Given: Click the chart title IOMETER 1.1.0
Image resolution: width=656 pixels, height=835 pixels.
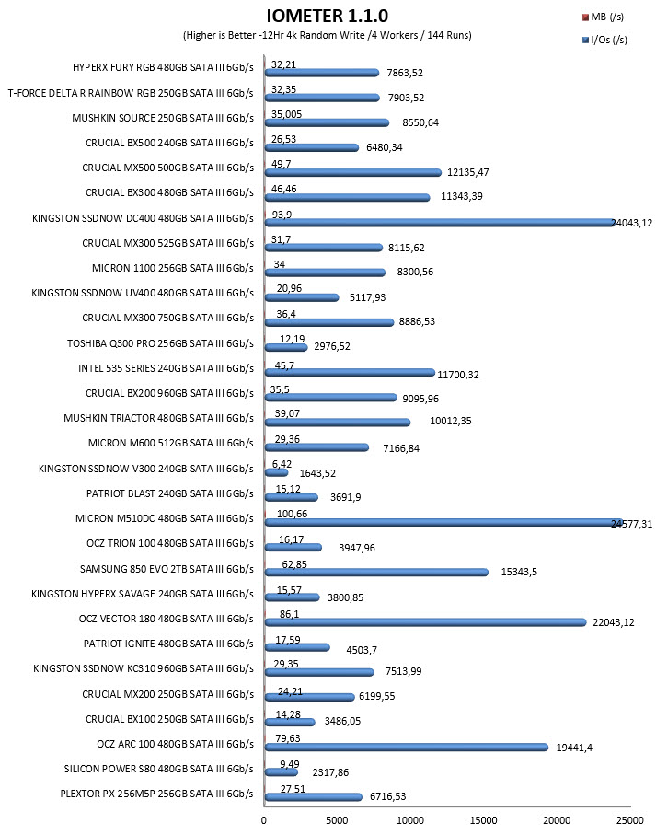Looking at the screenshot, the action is pyautogui.click(x=328, y=16).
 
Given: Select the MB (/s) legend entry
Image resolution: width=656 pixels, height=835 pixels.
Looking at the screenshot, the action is pyautogui.click(x=603, y=17).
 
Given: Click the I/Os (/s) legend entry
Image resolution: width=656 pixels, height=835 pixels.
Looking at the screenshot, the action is pyautogui.click(x=604, y=40).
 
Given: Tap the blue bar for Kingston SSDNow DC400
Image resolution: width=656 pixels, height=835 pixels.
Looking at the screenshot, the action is pyautogui.click(x=441, y=222).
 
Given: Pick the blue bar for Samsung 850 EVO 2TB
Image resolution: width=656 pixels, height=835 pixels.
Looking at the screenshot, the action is pyautogui.click(x=376, y=572).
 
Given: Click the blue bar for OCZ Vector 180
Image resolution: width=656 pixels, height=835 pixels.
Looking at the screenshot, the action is pyautogui.click(x=426, y=622).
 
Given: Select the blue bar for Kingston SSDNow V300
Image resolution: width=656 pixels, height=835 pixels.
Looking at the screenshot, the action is pyautogui.click(x=277, y=472).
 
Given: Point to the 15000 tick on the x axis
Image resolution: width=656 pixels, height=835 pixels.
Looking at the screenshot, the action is pyautogui.click(x=483, y=820).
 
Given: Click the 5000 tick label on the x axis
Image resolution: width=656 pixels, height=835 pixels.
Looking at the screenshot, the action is pyautogui.click(x=337, y=820).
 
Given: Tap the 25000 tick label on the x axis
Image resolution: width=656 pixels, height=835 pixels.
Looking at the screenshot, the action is pyautogui.click(x=630, y=820).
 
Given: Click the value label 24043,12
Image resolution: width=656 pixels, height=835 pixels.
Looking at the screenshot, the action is pyautogui.click(x=631, y=223).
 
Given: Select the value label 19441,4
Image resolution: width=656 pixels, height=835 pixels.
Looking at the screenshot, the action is pyautogui.click(x=574, y=748).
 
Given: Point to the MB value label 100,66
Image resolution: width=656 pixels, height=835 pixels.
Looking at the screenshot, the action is pyautogui.click(x=292, y=514).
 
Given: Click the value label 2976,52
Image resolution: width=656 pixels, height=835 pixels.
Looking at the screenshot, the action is pyautogui.click(x=332, y=346).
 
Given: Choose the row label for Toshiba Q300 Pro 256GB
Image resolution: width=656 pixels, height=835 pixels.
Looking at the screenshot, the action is pyautogui.click(x=160, y=343).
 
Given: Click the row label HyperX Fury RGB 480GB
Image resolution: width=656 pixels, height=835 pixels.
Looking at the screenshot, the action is pyautogui.click(x=163, y=67).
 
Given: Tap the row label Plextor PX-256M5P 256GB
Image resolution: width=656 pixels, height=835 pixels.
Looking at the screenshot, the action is pyautogui.click(x=157, y=794).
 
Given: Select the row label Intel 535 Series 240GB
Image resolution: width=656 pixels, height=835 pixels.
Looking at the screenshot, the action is pyautogui.click(x=166, y=368).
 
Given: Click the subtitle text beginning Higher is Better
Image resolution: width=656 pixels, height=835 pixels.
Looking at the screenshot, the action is pyautogui.click(x=328, y=35).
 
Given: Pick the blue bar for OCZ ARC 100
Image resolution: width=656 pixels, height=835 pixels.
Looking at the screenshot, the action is pyautogui.click(x=407, y=748).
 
